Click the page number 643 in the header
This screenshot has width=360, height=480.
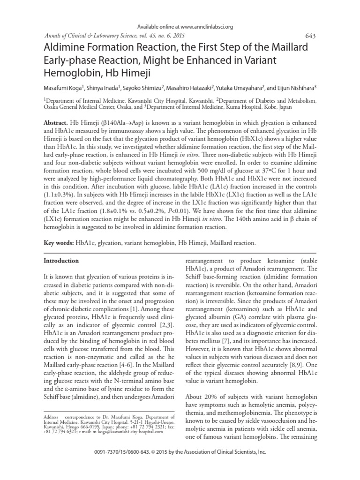(310, 37)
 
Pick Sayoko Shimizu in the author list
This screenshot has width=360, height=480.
(143, 87)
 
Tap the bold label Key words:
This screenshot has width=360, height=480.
(59, 244)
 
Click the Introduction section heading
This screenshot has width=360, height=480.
(61, 260)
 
